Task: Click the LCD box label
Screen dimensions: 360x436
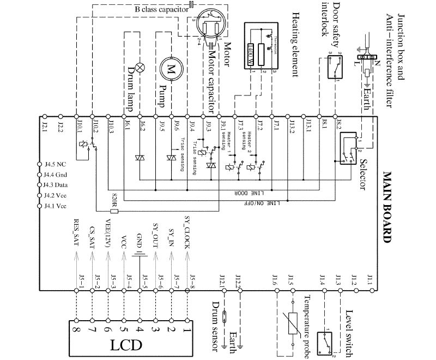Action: (127, 345)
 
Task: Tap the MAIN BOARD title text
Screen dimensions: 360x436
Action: (388, 207)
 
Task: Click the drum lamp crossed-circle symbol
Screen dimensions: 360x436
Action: (140, 67)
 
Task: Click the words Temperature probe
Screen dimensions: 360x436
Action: (306, 327)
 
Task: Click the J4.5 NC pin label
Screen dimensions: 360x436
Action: (55, 164)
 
